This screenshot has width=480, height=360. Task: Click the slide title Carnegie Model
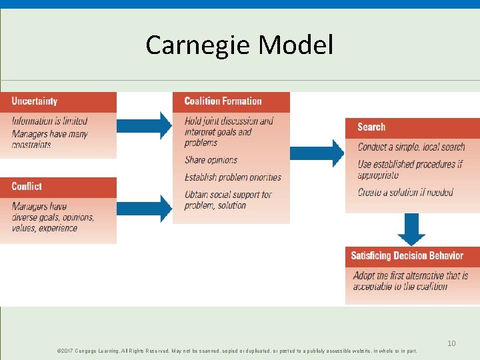point(239,45)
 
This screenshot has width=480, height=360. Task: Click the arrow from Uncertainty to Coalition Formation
point(144,125)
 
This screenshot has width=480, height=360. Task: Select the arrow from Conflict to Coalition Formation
point(144,209)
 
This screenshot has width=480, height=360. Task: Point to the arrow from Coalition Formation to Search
point(317,153)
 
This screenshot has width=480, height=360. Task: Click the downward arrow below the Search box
point(411,230)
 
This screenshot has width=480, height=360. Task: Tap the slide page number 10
point(451,343)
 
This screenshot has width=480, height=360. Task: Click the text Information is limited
point(49,121)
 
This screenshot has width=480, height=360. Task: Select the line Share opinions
point(211,160)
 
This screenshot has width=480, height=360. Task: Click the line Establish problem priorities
point(233,177)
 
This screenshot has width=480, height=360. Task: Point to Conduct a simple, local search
point(411,147)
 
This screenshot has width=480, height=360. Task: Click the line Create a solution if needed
point(405,193)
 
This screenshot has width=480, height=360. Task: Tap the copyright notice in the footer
point(237,351)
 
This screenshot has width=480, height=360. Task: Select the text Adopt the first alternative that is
point(411,275)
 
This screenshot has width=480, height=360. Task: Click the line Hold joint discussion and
point(229,121)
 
